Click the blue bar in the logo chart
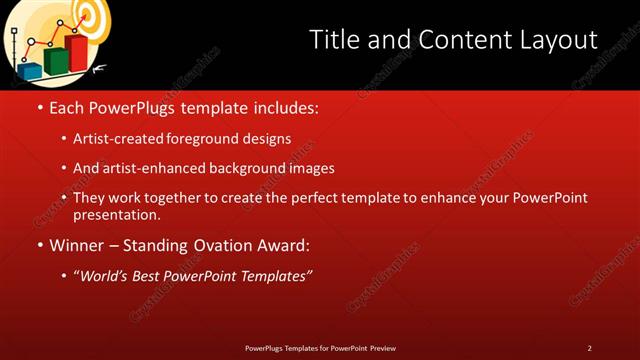[x=31, y=69]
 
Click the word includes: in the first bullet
[x=283, y=107]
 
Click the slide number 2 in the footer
[x=589, y=347]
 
